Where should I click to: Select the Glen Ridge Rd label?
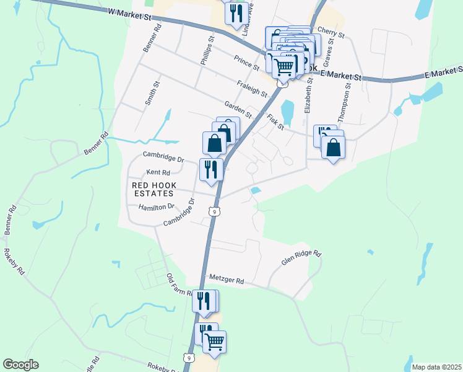click(302, 258)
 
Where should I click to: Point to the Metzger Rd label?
click(227, 280)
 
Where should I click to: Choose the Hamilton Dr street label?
click(157, 207)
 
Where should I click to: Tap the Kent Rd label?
click(158, 172)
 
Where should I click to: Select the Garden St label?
click(238, 110)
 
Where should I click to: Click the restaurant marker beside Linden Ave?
click(235, 12)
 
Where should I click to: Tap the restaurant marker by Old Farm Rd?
click(204, 302)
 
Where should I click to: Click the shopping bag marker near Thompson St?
click(333, 148)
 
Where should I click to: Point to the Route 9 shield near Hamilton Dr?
click(214, 211)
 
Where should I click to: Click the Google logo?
click(20, 365)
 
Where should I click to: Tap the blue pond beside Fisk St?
click(287, 113)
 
